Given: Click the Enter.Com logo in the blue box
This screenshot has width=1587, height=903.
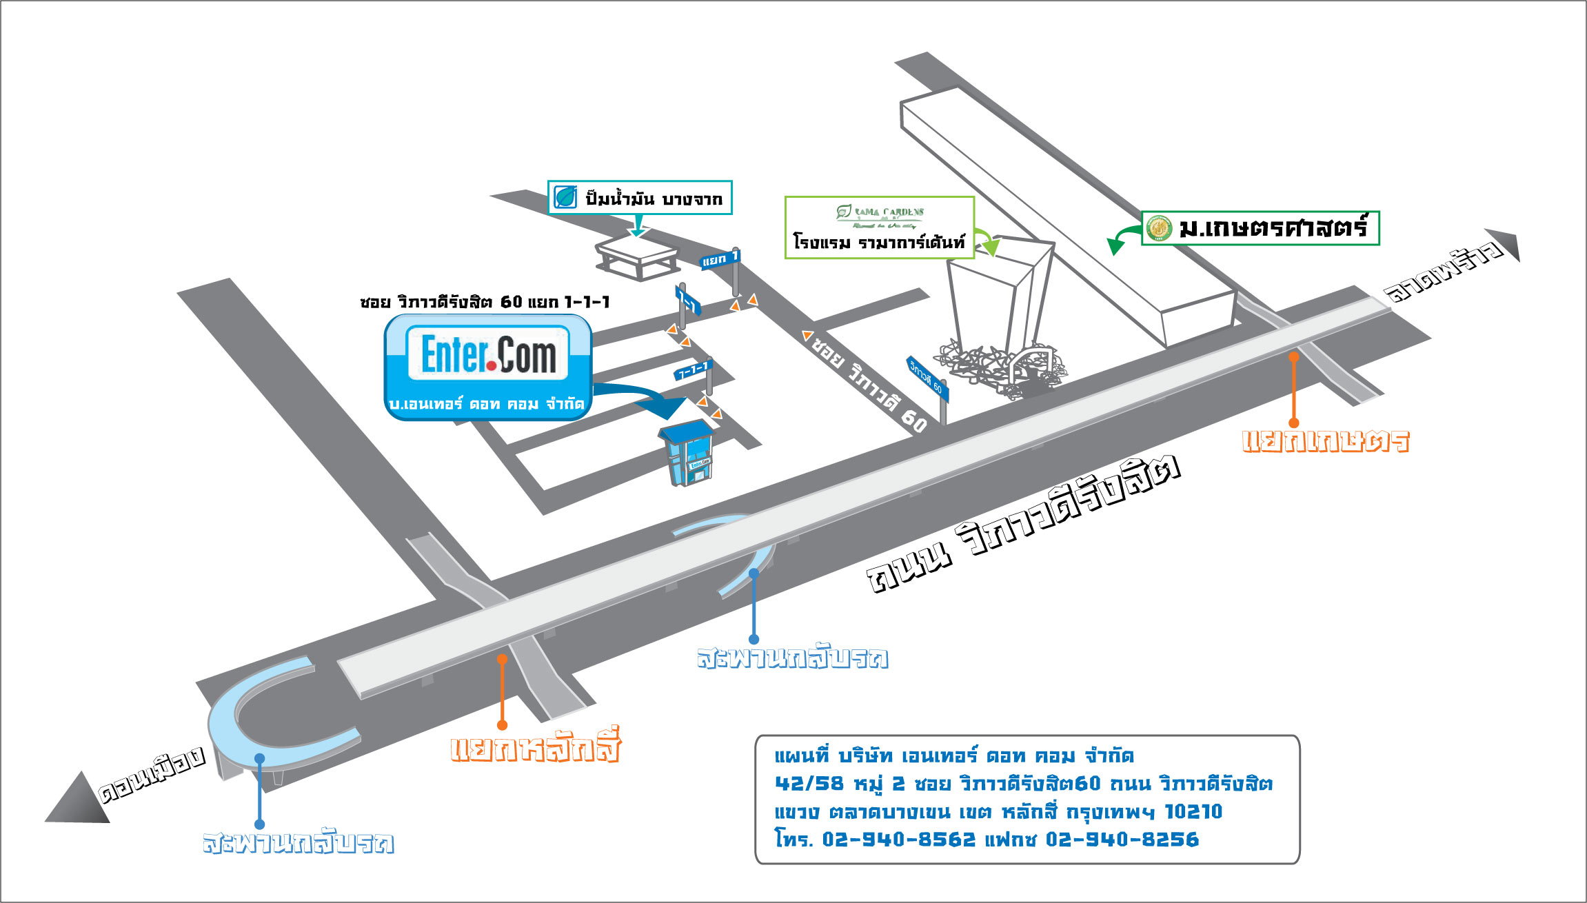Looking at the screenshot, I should coord(488,354).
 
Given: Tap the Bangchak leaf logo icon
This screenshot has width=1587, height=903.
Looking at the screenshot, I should coord(565,198).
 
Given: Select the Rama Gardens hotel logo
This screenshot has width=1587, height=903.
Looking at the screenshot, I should coord(880,215).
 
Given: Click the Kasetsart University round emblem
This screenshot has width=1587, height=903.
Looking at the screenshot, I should coord(1159,228).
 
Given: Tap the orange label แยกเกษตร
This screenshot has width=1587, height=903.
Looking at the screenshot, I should coord(1325,441).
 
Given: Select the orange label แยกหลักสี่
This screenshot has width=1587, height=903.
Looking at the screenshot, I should coord(535,747).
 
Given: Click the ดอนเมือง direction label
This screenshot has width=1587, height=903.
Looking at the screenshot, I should coord(152,774).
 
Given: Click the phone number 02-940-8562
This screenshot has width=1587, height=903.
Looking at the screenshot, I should coord(899,840).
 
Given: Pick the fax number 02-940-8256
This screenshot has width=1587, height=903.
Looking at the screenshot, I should coord(1122,840).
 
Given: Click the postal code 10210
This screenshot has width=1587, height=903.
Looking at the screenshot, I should coord(1193,811).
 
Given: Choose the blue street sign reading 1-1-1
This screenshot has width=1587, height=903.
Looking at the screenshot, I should coord(692,371).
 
